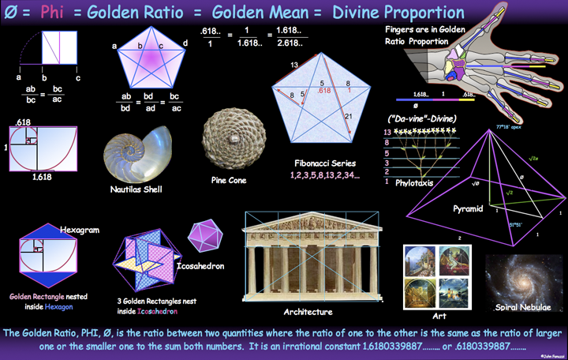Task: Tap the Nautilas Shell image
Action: tap(135, 152)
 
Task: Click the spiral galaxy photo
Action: tap(524, 280)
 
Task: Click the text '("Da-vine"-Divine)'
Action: tap(416, 118)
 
